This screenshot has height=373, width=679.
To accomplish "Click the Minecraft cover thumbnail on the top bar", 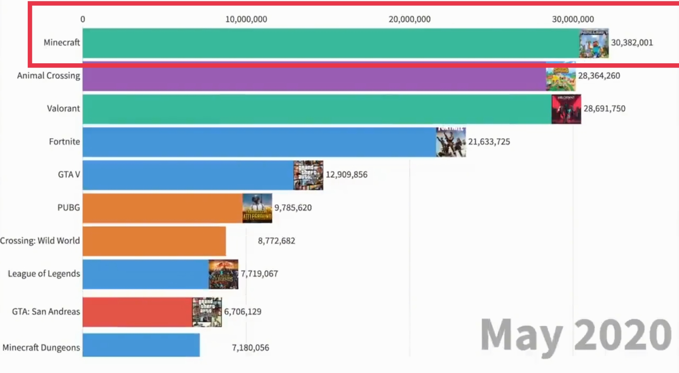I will click(x=593, y=43).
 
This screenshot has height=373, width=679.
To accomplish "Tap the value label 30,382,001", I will click(x=632, y=43).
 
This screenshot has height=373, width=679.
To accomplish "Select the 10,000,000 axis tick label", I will click(x=246, y=19).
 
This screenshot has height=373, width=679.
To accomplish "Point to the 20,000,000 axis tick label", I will click(x=409, y=19).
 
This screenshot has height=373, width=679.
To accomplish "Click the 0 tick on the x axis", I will click(x=83, y=19).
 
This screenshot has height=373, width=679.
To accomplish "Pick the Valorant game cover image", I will click(x=566, y=109).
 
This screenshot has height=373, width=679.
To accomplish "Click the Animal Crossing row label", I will click(x=49, y=76).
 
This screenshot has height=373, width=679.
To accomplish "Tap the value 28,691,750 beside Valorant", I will click(x=604, y=108).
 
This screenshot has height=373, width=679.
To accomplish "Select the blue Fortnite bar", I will click(x=259, y=142).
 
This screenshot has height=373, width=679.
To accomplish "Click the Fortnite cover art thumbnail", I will click(x=451, y=142).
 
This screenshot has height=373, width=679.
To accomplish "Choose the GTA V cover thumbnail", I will click(x=308, y=175).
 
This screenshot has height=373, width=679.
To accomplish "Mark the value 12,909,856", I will click(x=347, y=175).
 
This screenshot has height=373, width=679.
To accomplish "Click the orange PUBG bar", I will click(x=162, y=208).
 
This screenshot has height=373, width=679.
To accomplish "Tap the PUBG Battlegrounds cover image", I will click(x=257, y=208).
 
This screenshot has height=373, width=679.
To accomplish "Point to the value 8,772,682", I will click(x=276, y=241).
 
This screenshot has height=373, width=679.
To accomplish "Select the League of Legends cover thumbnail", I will click(x=223, y=274).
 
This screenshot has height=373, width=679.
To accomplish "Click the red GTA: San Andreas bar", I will click(x=137, y=312).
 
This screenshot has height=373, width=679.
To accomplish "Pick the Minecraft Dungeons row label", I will click(x=41, y=347).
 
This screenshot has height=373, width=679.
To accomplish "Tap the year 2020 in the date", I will click(x=623, y=334).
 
